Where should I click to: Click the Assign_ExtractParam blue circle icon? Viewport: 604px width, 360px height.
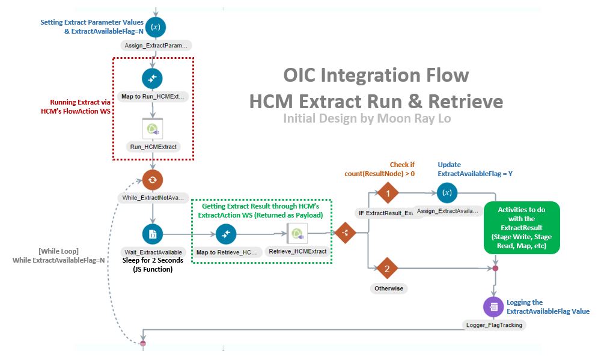point(154,27)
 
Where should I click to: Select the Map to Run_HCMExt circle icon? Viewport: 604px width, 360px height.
point(153,79)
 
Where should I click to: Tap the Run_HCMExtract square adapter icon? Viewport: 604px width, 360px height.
point(153,129)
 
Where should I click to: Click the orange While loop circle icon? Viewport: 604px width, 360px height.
point(153,179)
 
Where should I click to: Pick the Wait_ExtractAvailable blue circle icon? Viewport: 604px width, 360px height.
point(153,233)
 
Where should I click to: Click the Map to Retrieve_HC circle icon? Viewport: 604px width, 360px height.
point(226,233)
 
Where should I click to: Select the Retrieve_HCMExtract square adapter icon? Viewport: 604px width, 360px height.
point(298,233)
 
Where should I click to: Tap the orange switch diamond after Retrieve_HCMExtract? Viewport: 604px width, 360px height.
point(344,233)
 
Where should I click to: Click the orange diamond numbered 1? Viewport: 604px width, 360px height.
point(388,194)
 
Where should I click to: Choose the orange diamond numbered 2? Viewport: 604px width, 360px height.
point(388,269)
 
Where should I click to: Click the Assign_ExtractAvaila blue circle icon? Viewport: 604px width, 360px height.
point(447,194)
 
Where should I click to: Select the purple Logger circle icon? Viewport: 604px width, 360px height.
point(493,307)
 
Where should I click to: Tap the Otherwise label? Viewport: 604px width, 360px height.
point(388,288)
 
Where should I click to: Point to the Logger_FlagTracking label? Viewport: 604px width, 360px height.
point(494,325)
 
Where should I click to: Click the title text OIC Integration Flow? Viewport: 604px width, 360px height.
point(376,75)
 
